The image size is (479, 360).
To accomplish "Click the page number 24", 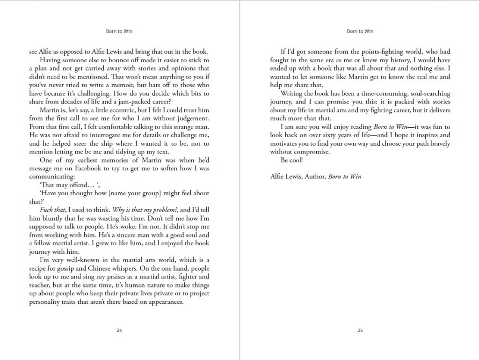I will tap(119, 331).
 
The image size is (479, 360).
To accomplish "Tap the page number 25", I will tap(360, 331).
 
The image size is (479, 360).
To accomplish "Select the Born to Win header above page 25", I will tap(360, 31).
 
